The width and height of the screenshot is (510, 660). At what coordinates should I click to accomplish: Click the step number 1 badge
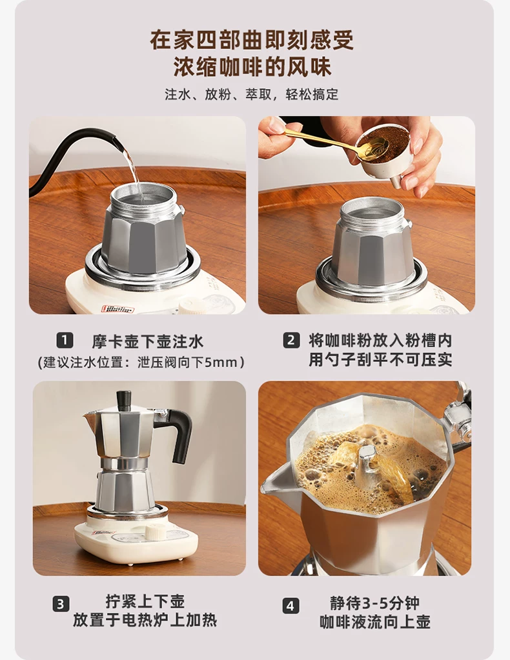pyautogui.click(x=65, y=340)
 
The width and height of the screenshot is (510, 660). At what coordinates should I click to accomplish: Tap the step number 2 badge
pyautogui.click(x=291, y=340)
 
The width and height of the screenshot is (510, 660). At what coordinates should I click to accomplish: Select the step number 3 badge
pyautogui.click(x=61, y=604)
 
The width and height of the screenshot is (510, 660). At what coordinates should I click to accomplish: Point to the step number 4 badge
pyautogui.click(x=291, y=606)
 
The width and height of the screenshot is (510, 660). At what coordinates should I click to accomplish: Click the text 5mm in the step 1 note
pyautogui.click(x=221, y=363)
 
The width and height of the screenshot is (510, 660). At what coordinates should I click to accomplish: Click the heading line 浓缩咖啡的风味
pyautogui.click(x=252, y=66)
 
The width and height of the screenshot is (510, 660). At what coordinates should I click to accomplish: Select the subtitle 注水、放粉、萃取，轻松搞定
pyautogui.click(x=252, y=94)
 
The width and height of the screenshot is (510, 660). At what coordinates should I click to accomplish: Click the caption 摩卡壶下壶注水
pyautogui.click(x=148, y=341)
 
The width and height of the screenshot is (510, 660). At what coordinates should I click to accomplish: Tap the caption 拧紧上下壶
pyautogui.click(x=145, y=601)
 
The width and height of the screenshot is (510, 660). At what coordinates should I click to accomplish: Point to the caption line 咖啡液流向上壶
pyautogui.click(x=375, y=622)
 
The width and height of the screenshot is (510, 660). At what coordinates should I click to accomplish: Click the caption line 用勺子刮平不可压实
pyautogui.click(x=380, y=359)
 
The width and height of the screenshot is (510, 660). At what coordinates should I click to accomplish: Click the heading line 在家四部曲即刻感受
pyautogui.click(x=252, y=41)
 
